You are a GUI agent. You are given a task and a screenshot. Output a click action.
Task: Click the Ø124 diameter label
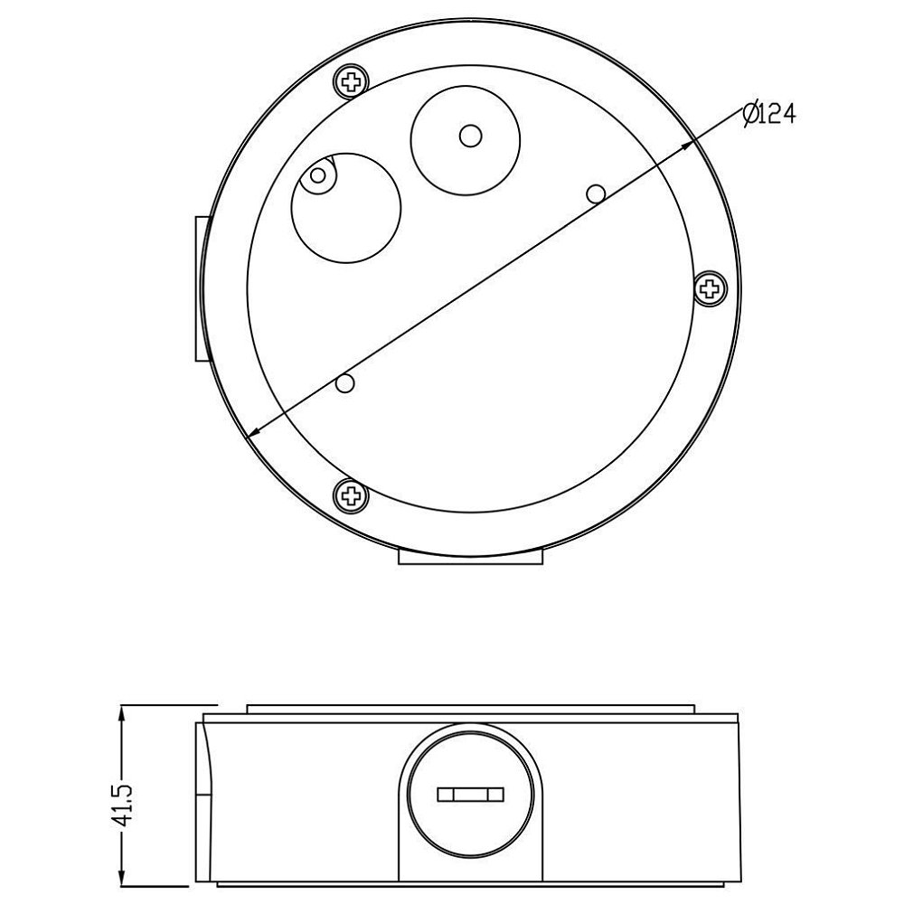point(769,114)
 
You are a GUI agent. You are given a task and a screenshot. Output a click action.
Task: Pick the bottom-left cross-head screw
point(351,494)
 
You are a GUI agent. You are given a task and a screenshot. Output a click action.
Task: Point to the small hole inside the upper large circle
point(470,137)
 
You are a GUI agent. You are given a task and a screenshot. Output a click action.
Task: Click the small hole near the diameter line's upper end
point(596,193)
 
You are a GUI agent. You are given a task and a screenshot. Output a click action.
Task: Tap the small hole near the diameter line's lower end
point(344,382)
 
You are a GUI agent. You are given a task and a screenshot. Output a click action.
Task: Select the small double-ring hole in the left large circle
point(318,174)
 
